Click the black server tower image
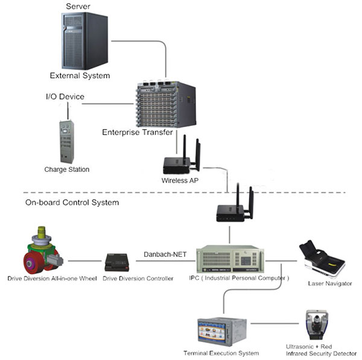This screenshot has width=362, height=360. click(x=84, y=41)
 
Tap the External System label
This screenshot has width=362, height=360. click(x=80, y=76)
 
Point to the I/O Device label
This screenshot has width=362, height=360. click(x=65, y=96)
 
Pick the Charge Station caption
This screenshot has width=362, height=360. click(x=66, y=170)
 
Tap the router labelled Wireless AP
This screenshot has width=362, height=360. click(x=180, y=159)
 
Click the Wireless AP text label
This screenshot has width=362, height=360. click(x=179, y=180)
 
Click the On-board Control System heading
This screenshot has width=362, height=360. click(x=72, y=203)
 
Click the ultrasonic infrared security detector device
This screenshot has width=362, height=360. click(x=316, y=325)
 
